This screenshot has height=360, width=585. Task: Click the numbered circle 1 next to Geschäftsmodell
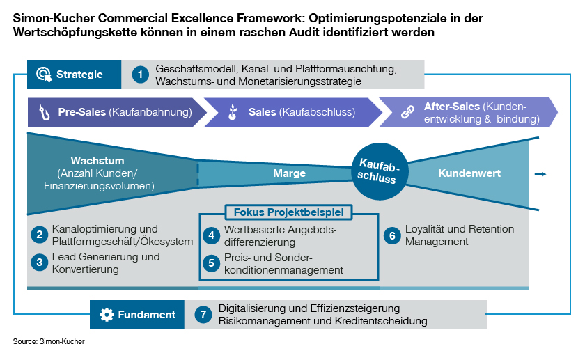(141, 75)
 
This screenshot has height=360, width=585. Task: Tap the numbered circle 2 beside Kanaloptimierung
(40, 235)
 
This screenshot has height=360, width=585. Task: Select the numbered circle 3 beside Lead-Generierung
(40, 263)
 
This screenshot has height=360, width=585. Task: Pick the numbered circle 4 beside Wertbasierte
(212, 236)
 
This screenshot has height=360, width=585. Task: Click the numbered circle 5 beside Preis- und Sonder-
(212, 263)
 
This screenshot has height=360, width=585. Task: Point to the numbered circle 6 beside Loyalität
(392, 236)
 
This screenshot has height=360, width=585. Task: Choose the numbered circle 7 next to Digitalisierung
(203, 315)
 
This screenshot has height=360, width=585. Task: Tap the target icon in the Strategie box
(44, 75)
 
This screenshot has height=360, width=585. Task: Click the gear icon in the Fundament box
(106, 315)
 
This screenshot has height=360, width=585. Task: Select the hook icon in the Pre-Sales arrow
(44, 112)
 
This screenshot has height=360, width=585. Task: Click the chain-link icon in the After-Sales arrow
(408, 112)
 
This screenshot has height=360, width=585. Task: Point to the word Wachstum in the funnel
(97, 161)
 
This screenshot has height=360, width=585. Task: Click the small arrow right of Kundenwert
(540, 174)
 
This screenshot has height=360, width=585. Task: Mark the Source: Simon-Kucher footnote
(48, 342)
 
